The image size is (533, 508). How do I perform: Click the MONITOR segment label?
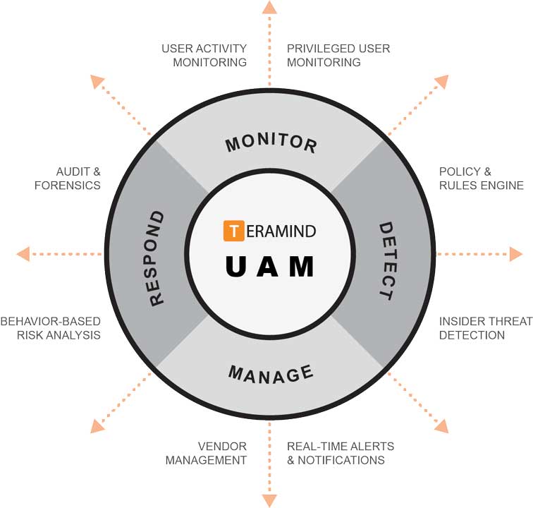[271, 143]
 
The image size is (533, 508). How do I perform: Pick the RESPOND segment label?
[156, 258]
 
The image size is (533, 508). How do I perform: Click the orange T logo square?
[233, 231]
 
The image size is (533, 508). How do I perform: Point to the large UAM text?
[269, 266]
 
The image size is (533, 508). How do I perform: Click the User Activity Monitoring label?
[204, 55]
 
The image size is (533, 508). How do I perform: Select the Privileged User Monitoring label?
[338, 55]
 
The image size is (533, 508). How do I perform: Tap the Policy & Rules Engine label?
[481, 179]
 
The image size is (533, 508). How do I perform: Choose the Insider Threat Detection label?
[485, 328]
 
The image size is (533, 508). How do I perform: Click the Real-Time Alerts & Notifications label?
[340, 453]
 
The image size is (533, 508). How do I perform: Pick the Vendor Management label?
[206, 453]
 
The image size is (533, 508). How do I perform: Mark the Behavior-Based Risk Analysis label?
[50, 328]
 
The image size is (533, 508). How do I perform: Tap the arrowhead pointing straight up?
[269, 7]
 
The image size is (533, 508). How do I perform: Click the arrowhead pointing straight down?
[269, 500]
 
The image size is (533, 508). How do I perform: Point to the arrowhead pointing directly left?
[23, 254]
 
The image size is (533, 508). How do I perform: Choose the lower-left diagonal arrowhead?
[97, 426]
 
